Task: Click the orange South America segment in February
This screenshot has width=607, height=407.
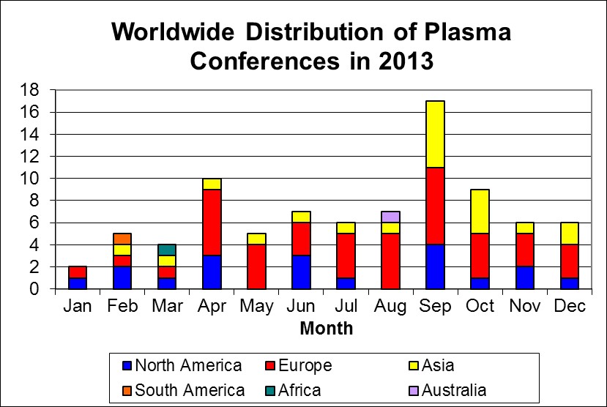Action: [122, 239]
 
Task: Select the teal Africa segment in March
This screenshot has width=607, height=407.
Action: [167, 250]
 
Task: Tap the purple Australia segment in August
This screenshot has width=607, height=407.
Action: [390, 217]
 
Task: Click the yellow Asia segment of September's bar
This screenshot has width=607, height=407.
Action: [435, 134]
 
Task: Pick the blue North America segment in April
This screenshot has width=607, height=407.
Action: [212, 272]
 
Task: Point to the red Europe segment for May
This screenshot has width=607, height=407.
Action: [257, 266]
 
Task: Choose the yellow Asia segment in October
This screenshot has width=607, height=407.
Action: [480, 212]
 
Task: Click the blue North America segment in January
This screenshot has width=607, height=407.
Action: [78, 283]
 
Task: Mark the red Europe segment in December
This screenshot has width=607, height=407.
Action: [570, 261]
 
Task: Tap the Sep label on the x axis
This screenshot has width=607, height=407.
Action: [435, 306]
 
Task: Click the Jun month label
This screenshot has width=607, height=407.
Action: [301, 306]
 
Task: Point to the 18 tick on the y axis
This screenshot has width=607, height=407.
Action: [29, 90]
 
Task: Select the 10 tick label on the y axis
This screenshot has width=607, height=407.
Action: [29, 179]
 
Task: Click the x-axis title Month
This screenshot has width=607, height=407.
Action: [327, 329]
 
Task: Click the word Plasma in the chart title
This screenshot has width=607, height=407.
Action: [468, 31]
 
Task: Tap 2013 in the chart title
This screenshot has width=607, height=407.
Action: [406, 61]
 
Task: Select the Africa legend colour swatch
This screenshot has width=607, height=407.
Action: [270, 391]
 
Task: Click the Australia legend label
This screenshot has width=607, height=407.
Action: [454, 390]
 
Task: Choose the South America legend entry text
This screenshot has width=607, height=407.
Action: [190, 390]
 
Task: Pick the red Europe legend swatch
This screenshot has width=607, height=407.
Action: [270, 365]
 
